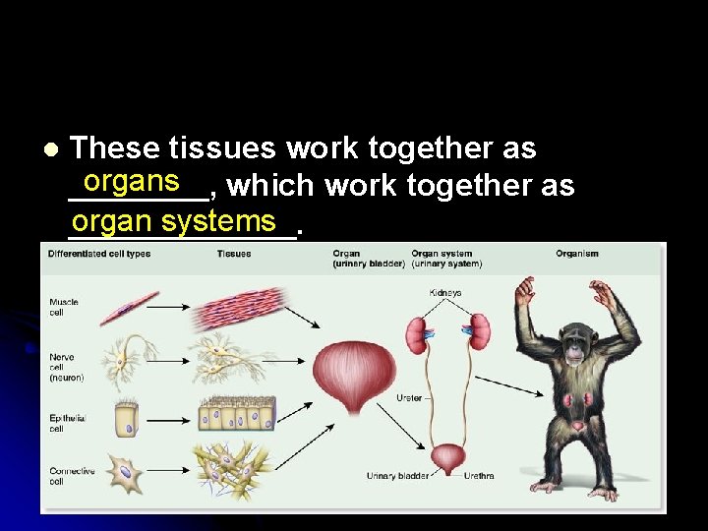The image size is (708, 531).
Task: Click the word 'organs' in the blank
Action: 131,182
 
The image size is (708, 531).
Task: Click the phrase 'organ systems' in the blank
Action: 173,221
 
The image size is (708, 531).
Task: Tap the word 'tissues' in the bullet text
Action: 222,148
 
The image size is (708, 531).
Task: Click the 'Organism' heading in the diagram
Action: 576,254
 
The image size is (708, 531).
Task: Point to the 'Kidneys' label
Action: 444,293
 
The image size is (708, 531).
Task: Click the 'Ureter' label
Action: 409,398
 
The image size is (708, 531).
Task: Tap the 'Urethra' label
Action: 479,476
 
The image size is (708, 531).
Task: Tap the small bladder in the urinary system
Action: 448,458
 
